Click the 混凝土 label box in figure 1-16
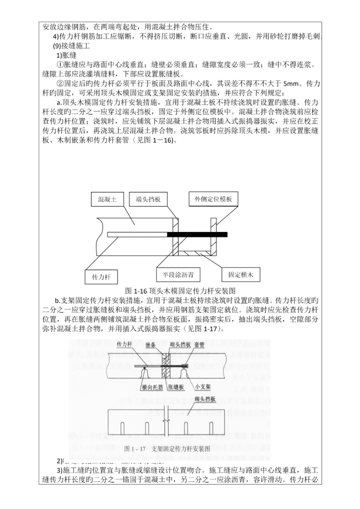point(107,199)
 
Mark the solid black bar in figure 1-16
point(197,234)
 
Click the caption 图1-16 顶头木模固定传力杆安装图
point(179,290)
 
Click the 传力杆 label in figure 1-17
point(123,345)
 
